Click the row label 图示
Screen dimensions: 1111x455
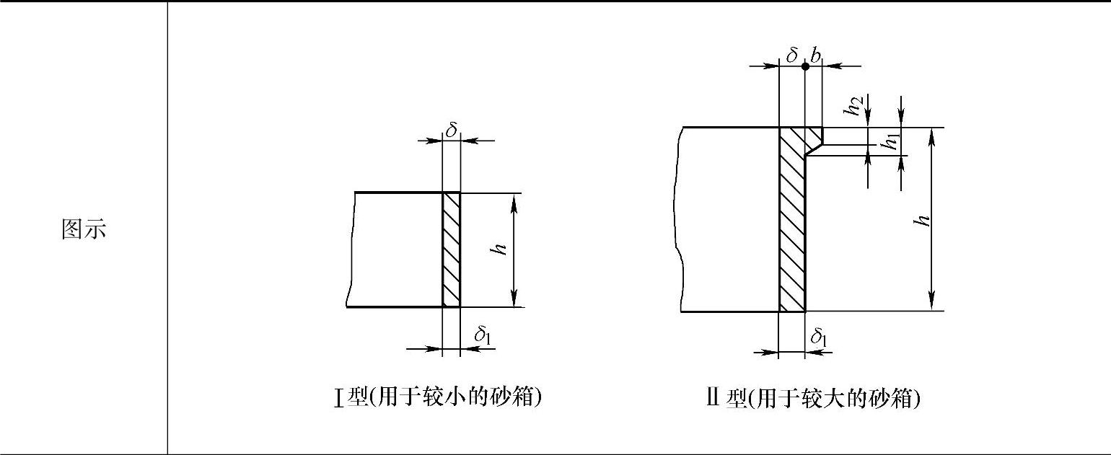coord(84,229)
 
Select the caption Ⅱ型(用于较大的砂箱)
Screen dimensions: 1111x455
coord(813,397)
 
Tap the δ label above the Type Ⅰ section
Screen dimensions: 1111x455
coord(451,130)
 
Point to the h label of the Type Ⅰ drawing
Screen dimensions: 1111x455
coord(498,249)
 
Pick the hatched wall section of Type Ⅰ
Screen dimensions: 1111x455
coord(451,249)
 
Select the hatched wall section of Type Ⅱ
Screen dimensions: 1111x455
coord(791,231)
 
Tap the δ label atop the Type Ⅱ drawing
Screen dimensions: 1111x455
coord(791,56)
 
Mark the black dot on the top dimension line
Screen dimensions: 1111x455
coord(805,66)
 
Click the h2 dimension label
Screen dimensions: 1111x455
coord(855,107)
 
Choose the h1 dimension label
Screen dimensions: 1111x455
coord(892,142)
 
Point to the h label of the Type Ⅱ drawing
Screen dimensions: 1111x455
coord(921,220)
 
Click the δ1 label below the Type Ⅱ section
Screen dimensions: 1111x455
coord(819,336)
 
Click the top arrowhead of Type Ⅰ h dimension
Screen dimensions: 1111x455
coord(514,200)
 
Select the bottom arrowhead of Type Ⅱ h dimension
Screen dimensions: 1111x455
coord(932,303)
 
